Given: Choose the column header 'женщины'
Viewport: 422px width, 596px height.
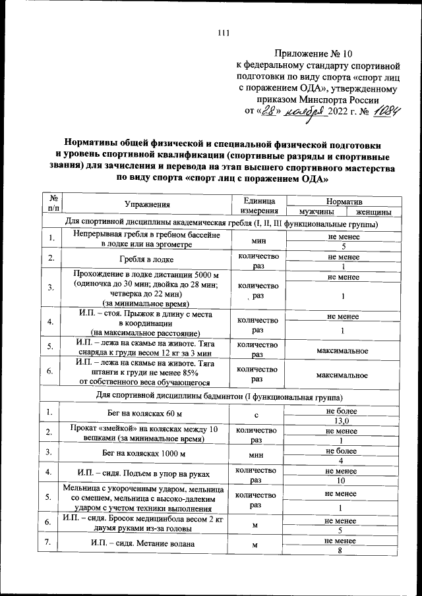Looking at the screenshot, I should (x=374, y=212).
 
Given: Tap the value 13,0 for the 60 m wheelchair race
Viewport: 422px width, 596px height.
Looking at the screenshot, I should (x=342, y=420).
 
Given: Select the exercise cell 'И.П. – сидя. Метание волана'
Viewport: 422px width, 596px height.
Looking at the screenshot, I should (x=146, y=545).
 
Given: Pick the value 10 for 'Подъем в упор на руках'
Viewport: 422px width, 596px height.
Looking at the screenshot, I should (x=342, y=481).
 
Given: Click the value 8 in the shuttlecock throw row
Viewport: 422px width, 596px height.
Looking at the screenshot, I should (x=342, y=551).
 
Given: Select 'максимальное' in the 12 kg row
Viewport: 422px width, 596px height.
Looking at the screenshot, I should (x=342, y=350).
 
